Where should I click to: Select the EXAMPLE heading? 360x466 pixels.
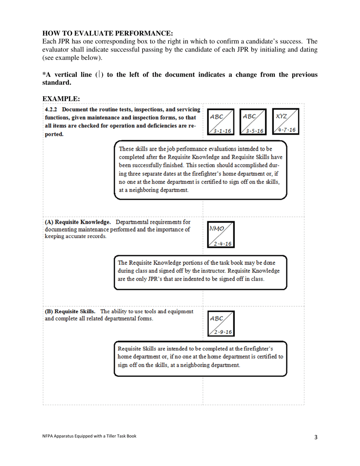(x=61, y=99)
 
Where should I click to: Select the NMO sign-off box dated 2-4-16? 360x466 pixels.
(x=220, y=234)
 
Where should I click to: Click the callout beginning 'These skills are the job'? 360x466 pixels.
(x=200, y=169)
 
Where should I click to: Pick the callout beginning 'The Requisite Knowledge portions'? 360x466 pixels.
(x=200, y=271)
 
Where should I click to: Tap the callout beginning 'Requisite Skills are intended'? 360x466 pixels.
(x=200, y=357)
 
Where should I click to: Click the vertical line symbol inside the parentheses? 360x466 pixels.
(x=99, y=75)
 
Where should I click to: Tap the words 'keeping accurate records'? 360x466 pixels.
(x=75, y=236)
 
